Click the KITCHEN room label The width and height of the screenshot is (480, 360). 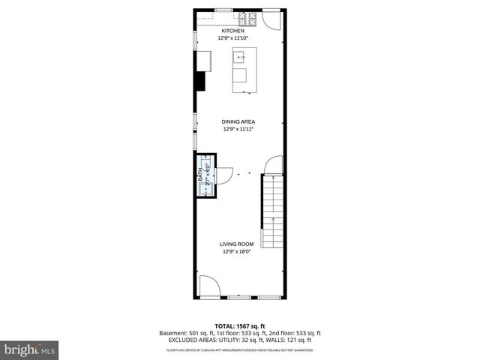(x=232, y=31)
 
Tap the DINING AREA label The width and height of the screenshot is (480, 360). (x=238, y=121)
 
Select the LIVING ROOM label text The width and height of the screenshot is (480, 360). (x=237, y=244)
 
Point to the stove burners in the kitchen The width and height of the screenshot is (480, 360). (x=247, y=16)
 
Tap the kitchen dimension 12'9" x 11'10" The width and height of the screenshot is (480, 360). (x=233, y=37)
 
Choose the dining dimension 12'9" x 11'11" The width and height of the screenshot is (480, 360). (x=238, y=129)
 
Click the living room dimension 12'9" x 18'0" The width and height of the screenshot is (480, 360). (x=237, y=252)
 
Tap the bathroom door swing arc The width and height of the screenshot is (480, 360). (x=224, y=175)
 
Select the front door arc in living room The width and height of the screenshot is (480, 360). (x=209, y=286)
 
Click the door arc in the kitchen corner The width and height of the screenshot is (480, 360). (x=274, y=19)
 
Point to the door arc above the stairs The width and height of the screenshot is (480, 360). (x=274, y=164)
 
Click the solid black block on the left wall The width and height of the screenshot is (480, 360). (x=200, y=81)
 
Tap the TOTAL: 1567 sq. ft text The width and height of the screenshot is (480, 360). (x=239, y=326)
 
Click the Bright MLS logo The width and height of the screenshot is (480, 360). (x=30, y=349)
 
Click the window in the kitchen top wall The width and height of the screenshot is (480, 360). (x=223, y=10)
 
